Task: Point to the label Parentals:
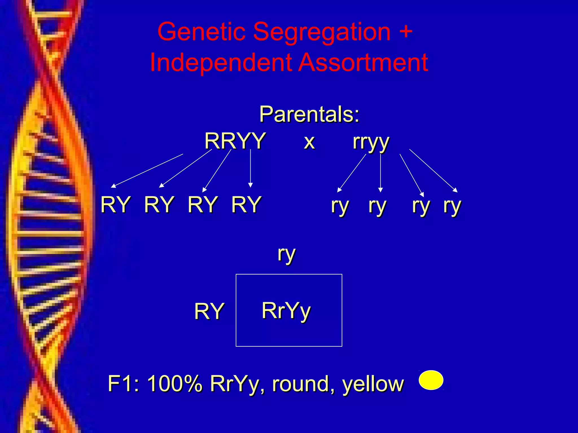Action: click(x=309, y=114)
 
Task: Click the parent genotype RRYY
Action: click(x=235, y=141)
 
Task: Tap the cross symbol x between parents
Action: click(x=309, y=142)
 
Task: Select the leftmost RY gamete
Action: click(x=115, y=204)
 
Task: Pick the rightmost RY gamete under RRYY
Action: click(x=246, y=204)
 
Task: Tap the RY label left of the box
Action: click(x=209, y=311)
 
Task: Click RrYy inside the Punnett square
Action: click(x=286, y=311)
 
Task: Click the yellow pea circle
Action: click(x=431, y=380)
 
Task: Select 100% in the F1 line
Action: click(x=175, y=384)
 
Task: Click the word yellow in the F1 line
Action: click(x=373, y=384)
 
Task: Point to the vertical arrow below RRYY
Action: click(x=250, y=169)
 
